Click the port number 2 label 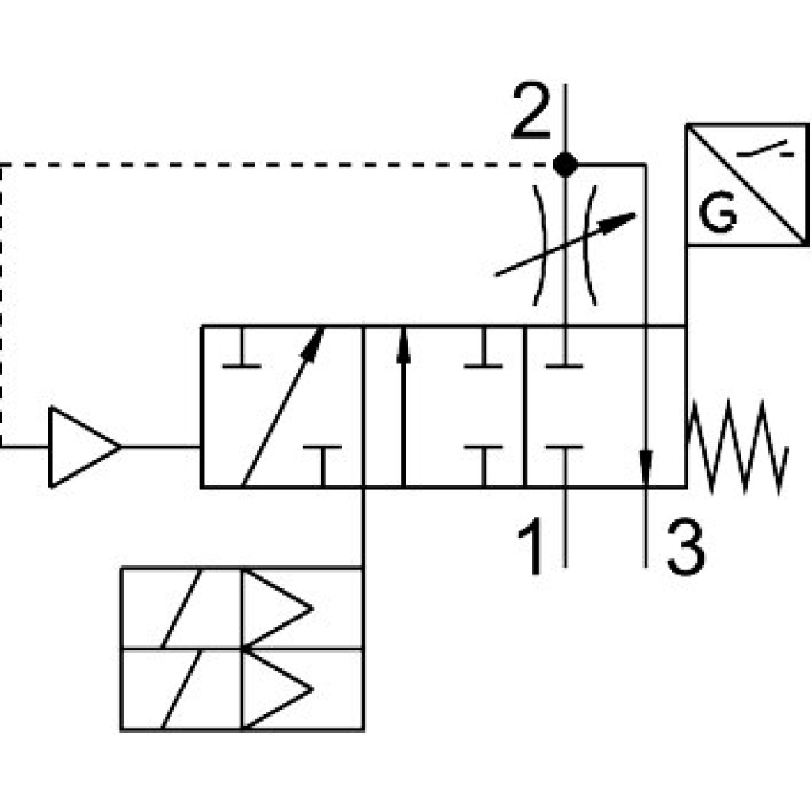point(531,112)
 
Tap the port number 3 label point(684,546)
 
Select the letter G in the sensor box point(718,215)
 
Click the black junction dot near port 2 point(565,164)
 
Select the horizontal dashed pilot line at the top point(278,164)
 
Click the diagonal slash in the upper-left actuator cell point(181,608)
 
